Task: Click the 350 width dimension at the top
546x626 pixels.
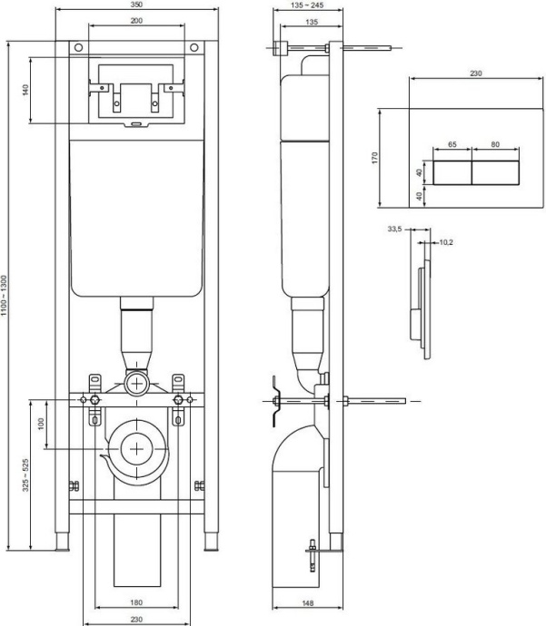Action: (x=135, y=6)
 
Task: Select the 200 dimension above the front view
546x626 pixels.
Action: (x=135, y=19)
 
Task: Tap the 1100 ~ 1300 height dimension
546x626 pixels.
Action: (x=7, y=296)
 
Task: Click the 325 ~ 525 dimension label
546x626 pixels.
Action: (x=26, y=474)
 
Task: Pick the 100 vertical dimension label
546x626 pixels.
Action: (x=40, y=425)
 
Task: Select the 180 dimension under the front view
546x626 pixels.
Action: (x=135, y=603)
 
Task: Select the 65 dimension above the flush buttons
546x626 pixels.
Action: (x=452, y=143)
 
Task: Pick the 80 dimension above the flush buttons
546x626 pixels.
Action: (x=495, y=143)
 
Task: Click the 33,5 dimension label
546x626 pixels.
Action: (x=393, y=230)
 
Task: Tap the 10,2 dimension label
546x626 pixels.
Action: (x=447, y=242)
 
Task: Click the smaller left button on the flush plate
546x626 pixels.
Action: (x=452, y=171)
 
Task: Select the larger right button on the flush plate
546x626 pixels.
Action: (x=495, y=171)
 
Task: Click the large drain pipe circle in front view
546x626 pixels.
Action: (x=136, y=447)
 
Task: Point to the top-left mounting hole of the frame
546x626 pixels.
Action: (x=79, y=48)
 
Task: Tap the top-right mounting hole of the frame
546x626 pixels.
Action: (x=193, y=48)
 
